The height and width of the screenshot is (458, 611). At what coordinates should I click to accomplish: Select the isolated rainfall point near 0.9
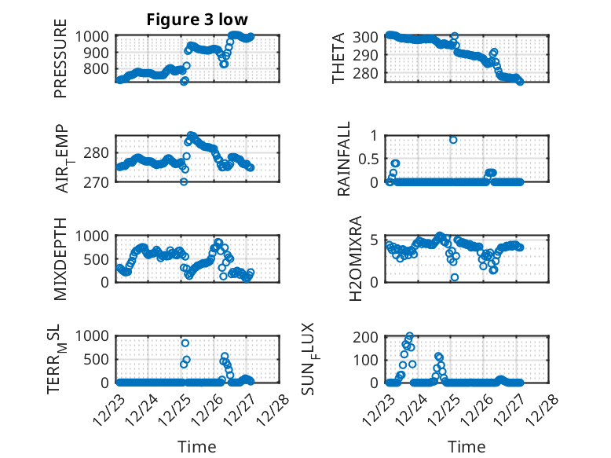coord(454,140)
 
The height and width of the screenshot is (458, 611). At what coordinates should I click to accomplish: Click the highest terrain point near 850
coord(185,343)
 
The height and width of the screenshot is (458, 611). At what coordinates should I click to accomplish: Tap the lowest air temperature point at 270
coord(184,181)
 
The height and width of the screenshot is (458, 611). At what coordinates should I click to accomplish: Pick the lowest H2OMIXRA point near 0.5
coord(454,277)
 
